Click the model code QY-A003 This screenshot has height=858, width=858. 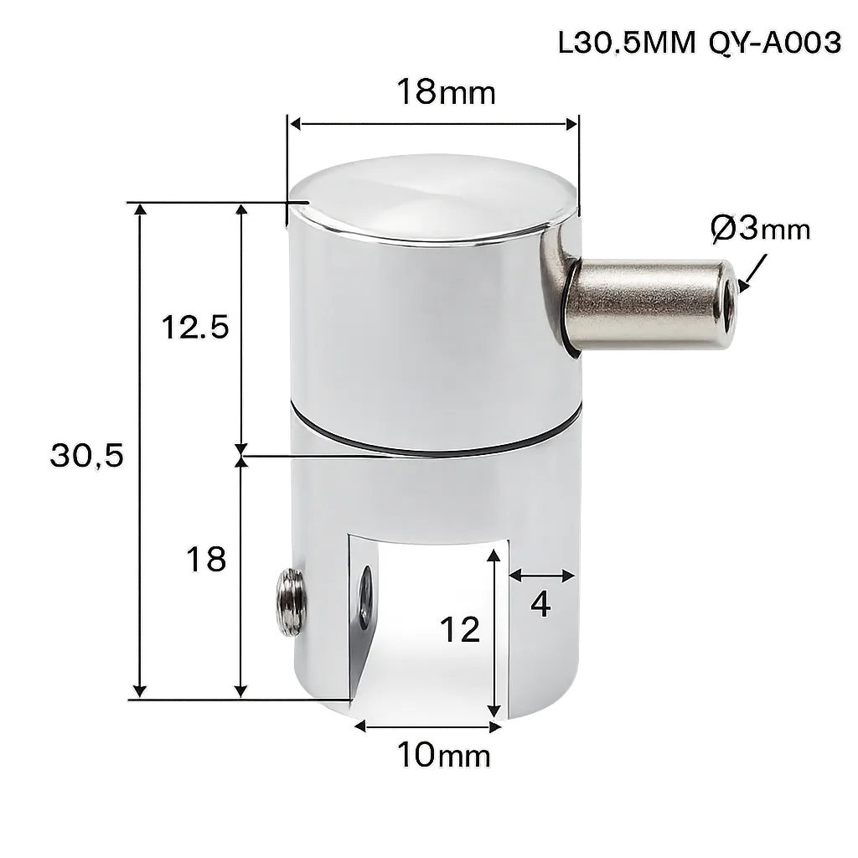point(775,43)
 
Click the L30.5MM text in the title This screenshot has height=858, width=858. point(627,43)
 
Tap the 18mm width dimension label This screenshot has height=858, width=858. point(446,91)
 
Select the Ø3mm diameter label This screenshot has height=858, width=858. point(761,228)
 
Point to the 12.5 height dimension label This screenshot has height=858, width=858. point(194,328)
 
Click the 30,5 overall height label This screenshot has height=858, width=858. point(87,455)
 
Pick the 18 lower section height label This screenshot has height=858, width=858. point(206,559)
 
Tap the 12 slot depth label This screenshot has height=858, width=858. point(460,629)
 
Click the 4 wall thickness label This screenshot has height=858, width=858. point(540,604)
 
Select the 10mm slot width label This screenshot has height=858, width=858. point(443,755)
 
